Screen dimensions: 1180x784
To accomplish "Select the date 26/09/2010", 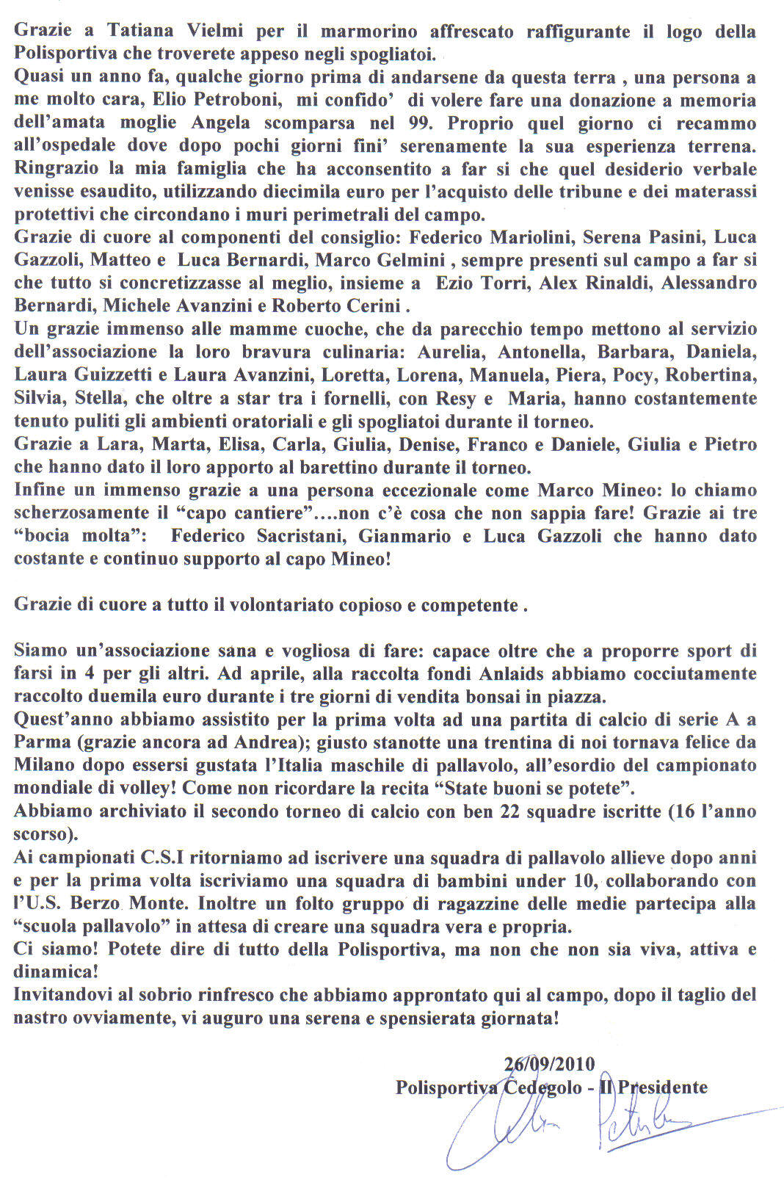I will (x=550, y=1063).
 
